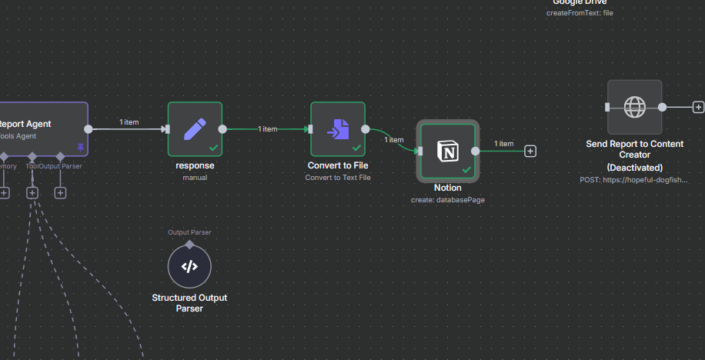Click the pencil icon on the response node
coord(195,128)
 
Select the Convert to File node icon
coord(337,128)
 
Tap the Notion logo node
coord(447,151)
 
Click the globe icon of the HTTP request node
coord(634,107)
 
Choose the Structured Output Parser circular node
coord(189,266)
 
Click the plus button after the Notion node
coord(530,151)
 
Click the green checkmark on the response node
coord(213,147)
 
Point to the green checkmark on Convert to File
coord(356,147)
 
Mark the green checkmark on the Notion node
coord(466,169)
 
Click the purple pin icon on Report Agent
coord(79,146)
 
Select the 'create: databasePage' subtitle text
coord(447,200)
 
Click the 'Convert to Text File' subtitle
coord(337,177)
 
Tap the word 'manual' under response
coord(195,177)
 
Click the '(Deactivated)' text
coord(634,167)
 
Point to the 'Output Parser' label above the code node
coord(189,232)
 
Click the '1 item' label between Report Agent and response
coord(129,122)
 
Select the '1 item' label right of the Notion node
coord(503,144)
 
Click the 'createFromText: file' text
coord(580,12)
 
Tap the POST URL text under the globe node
coord(634,179)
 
